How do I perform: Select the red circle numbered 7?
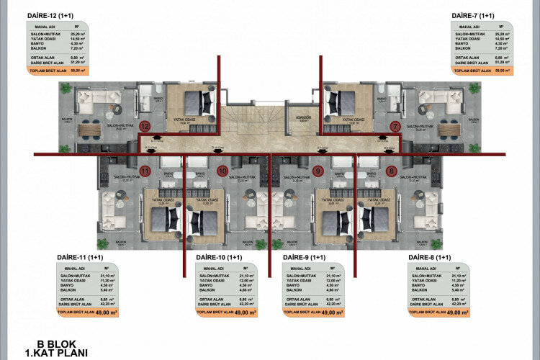click(395, 127)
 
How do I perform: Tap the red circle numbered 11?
click(145, 171)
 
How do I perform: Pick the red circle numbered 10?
click(222, 171)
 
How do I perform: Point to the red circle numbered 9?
click(318, 171)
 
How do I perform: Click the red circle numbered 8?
click(392, 171)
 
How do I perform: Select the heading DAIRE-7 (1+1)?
click(472, 15)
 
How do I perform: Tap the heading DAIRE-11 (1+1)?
click(81, 257)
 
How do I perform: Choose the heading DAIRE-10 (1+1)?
click(220, 257)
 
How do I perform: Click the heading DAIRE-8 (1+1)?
click(430, 257)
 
